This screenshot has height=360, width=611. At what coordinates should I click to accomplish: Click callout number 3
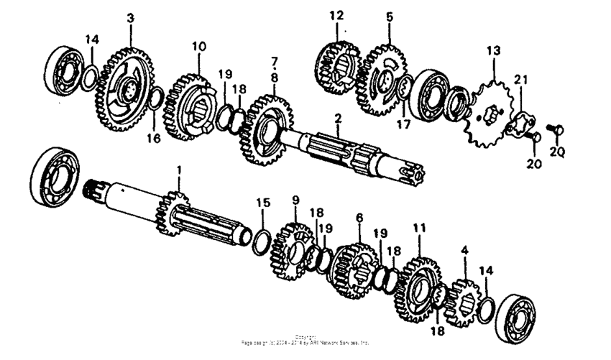130,17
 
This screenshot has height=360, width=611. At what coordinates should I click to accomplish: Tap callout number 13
493,51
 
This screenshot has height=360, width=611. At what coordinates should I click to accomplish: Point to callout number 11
419,229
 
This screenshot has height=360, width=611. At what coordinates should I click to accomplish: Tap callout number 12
338,14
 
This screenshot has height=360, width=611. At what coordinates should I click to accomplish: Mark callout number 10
198,46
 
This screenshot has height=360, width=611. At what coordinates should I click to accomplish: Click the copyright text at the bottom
305,340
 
